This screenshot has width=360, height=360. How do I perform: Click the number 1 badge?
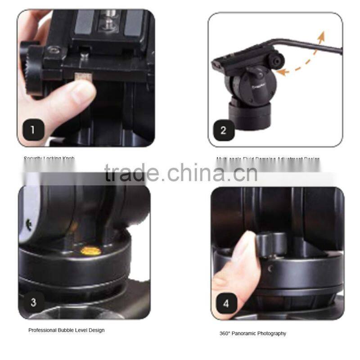click(32, 130)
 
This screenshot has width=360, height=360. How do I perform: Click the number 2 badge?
click(224, 131)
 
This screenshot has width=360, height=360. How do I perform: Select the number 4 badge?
click(226, 304)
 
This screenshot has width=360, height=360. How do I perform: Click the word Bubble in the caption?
click(63, 330)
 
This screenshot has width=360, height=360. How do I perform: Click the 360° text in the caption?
click(225, 333)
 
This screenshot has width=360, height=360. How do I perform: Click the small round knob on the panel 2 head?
click(276, 60)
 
